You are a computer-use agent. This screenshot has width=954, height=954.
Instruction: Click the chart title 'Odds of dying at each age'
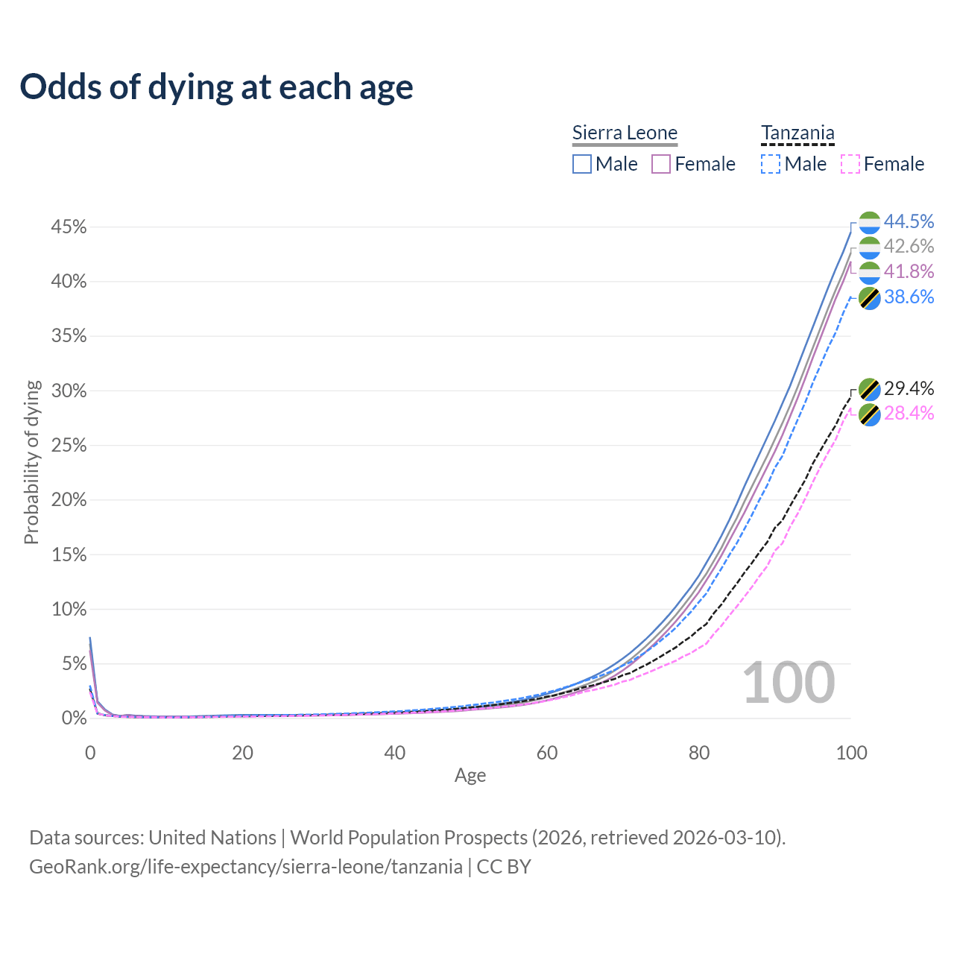point(216,87)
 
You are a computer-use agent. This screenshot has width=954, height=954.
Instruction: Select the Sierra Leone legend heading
point(625,133)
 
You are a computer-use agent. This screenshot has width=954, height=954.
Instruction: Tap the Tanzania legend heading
point(797,133)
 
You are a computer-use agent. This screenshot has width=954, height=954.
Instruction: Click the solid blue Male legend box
point(581,164)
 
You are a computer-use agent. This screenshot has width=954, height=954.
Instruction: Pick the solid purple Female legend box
point(660,164)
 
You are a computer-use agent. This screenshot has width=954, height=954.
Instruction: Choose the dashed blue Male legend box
point(770,164)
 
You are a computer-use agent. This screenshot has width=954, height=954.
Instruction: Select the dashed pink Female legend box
point(850,164)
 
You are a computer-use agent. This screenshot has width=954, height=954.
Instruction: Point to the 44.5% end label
point(909,221)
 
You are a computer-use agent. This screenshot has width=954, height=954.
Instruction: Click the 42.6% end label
point(909,246)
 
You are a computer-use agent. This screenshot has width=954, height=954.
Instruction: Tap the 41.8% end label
point(909,271)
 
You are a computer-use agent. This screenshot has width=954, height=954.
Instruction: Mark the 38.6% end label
point(909,297)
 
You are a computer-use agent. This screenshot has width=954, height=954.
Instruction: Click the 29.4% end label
point(909,388)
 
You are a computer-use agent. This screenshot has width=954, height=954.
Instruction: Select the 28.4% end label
point(909,414)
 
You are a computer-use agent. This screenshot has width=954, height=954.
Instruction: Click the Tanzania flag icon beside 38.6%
point(869,298)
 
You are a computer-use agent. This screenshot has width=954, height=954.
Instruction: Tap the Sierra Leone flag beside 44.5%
point(869,222)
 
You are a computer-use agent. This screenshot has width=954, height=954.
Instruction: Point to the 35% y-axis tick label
point(69,336)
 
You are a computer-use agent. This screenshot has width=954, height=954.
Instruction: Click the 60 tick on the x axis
point(546,753)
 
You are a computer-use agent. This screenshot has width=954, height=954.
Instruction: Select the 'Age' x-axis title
point(470,775)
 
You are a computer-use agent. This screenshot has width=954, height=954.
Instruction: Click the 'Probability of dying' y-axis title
point(31,462)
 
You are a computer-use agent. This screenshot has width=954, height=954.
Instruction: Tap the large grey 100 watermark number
point(789,683)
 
